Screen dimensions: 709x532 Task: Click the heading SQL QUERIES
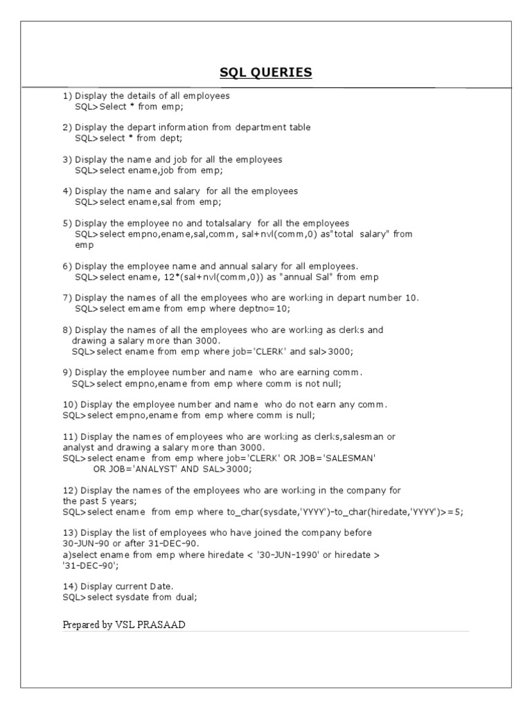[x=266, y=73]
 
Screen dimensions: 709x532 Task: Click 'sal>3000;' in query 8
[x=330, y=352]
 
